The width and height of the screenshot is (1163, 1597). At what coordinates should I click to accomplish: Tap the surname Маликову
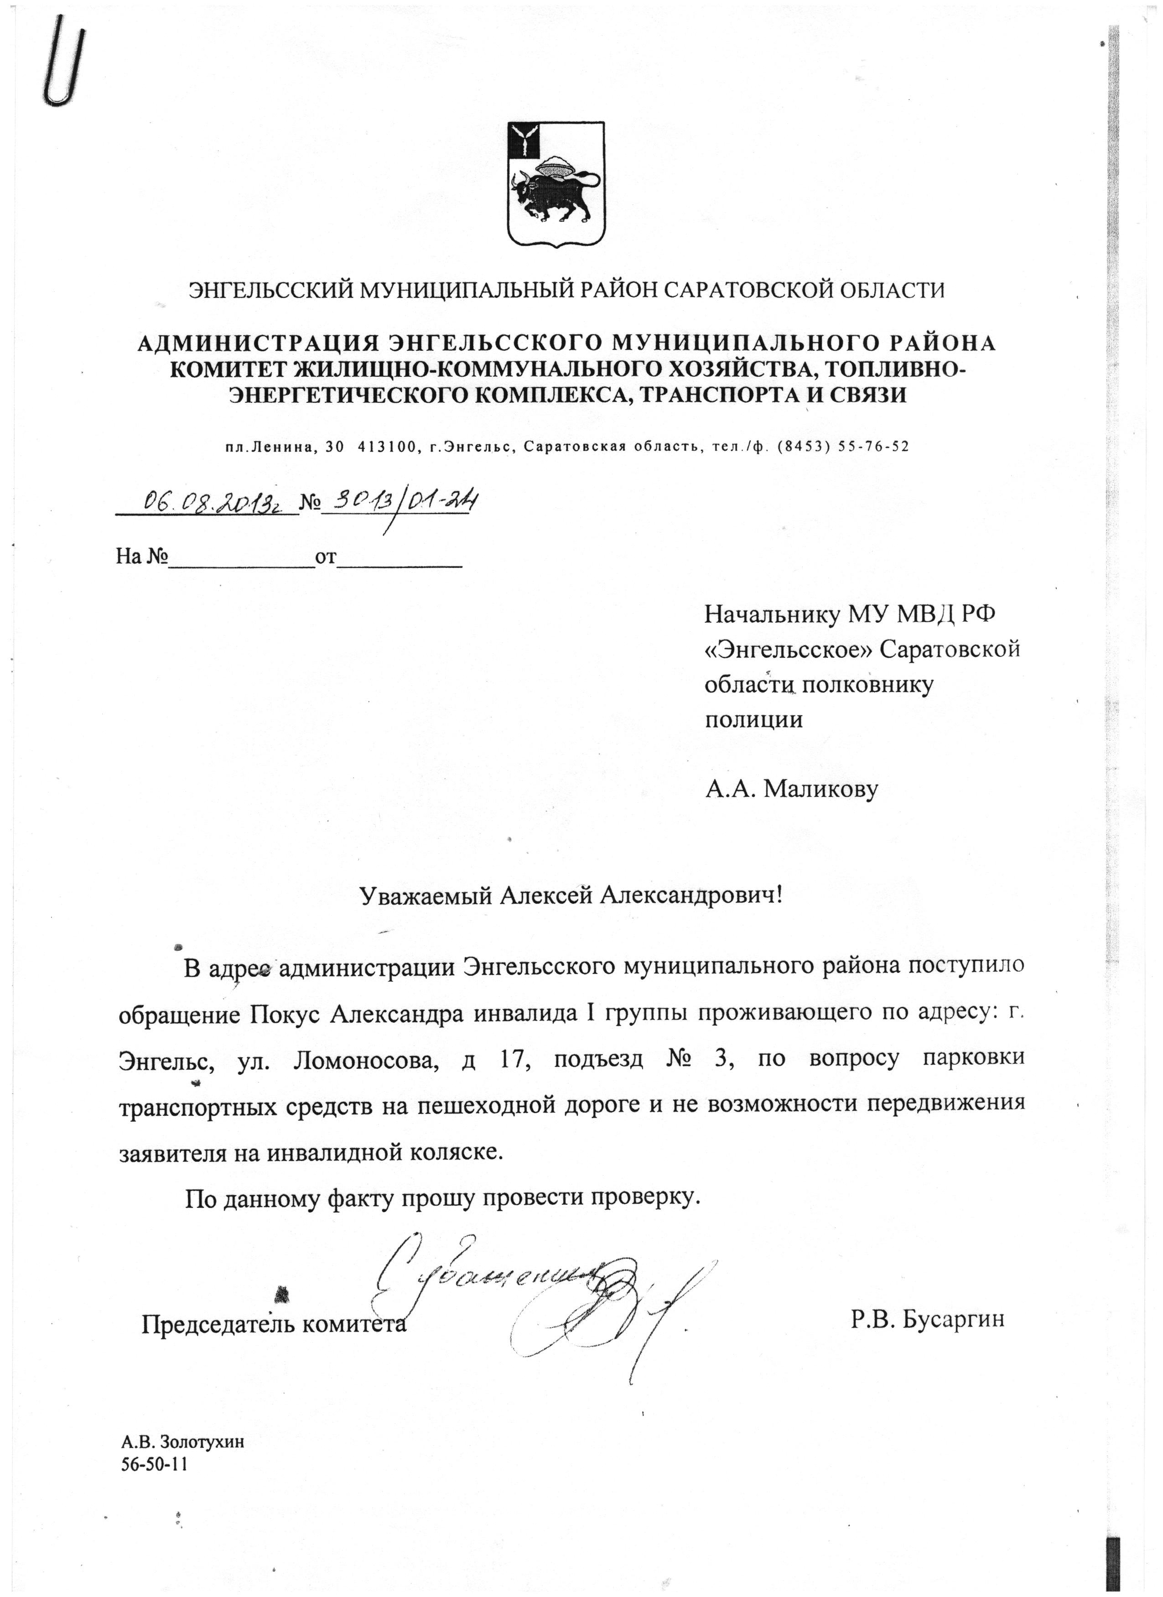pyautogui.click(x=820, y=789)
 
